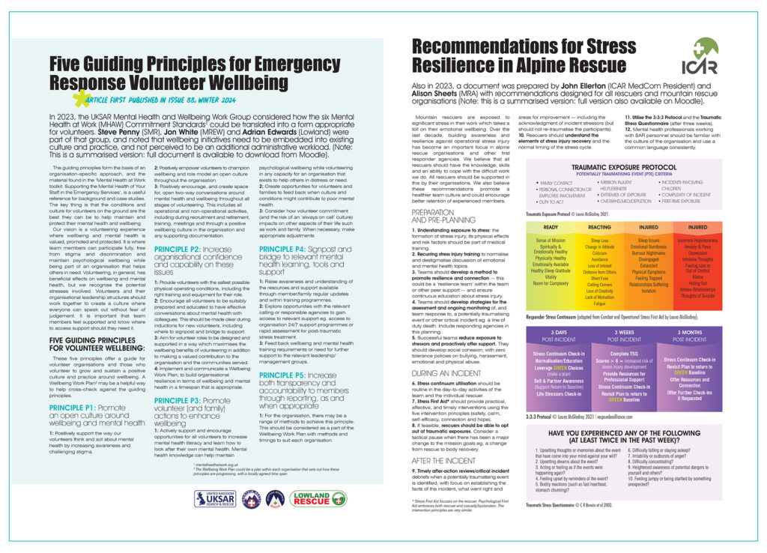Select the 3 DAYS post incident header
550,332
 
